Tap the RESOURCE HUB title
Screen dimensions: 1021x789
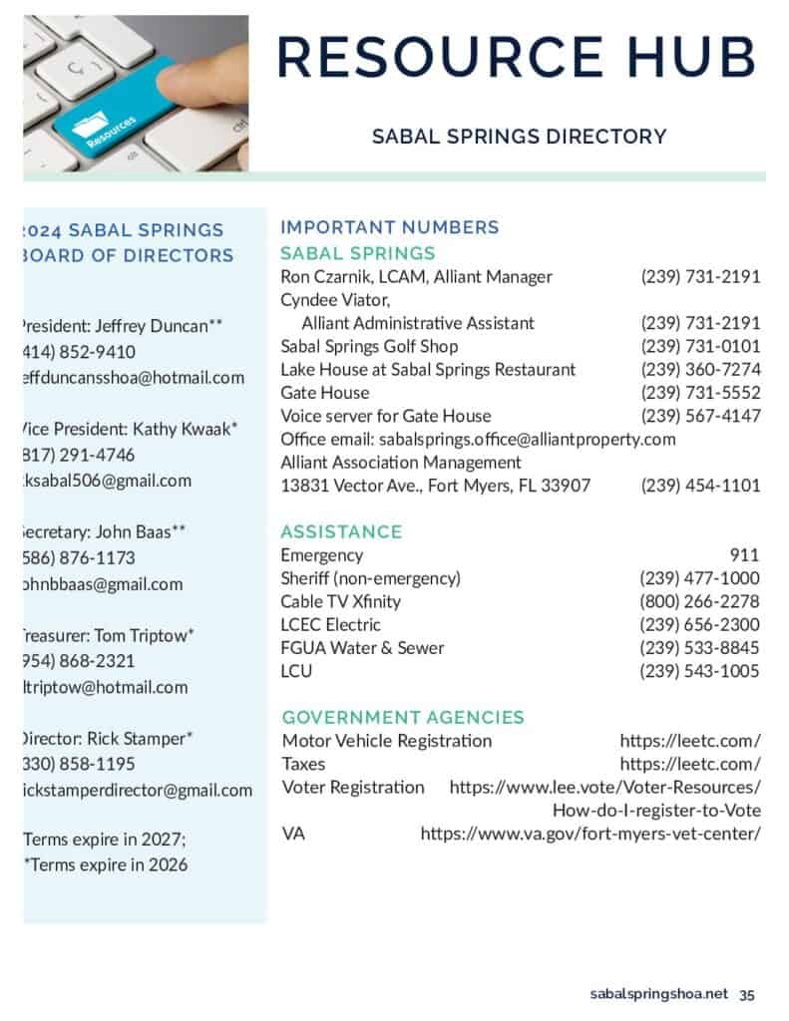click(x=516, y=56)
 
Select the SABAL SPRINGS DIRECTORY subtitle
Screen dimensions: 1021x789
click(x=519, y=136)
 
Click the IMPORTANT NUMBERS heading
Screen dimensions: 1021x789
click(x=390, y=227)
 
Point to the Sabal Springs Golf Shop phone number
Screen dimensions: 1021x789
click(x=700, y=346)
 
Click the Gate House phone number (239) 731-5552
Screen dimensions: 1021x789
click(x=700, y=393)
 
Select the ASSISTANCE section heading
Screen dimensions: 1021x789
click(x=341, y=531)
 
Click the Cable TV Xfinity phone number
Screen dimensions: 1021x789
click(x=699, y=601)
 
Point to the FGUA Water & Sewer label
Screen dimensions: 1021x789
click(x=362, y=648)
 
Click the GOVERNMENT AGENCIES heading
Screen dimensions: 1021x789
click(x=403, y=717)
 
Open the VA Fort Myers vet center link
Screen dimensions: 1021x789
click(x=591, y=834)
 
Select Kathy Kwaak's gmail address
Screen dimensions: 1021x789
click(x=107, y=481)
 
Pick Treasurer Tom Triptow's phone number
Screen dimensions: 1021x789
click(x=79, y=661)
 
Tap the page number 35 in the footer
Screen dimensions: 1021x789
click(x=747, y=994)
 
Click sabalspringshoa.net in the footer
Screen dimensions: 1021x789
click(x=659, y=994)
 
